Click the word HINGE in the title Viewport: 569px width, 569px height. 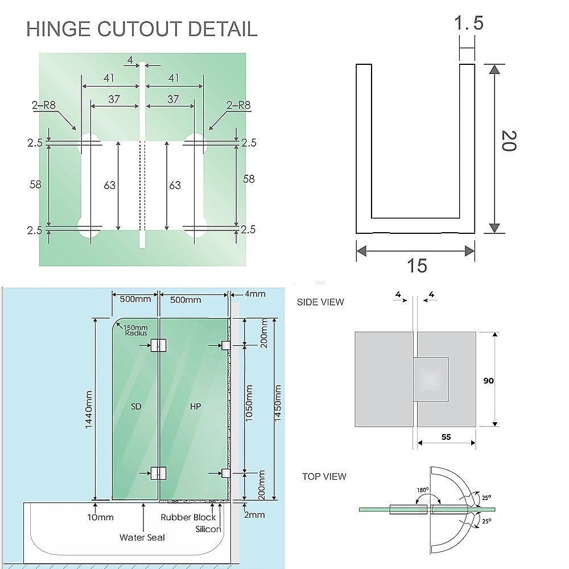tap(58, 29)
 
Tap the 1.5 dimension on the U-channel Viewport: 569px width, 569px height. tap(468, 23)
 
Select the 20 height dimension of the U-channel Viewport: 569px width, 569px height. tap(509, 141)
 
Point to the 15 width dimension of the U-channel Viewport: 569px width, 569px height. tap(417, 266)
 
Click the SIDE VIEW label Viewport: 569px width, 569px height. tap(320, 302)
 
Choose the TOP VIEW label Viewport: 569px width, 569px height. tap(324, 476)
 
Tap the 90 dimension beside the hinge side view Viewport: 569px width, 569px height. tap(488, 381)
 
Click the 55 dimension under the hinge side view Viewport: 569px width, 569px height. tap(446, 437)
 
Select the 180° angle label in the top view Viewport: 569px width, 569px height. tap(422, 490)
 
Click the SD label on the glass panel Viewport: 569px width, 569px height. tap(136, 406)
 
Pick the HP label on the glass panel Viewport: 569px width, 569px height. tap(195, 406)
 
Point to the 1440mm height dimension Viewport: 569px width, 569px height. tap(89, 409)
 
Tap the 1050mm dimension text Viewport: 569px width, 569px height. tap(249, 403)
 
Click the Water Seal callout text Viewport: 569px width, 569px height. tap(142, 538)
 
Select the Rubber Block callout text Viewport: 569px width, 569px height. tap(188, 517)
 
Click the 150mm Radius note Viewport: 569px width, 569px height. tap(135, 330)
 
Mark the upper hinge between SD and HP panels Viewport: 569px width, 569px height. tap(159, 345)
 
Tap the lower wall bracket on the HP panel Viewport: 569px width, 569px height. tap(226, 473)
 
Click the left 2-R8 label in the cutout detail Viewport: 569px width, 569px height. tap(44, 105)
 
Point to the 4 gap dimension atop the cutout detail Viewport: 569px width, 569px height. tap(130, 60)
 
